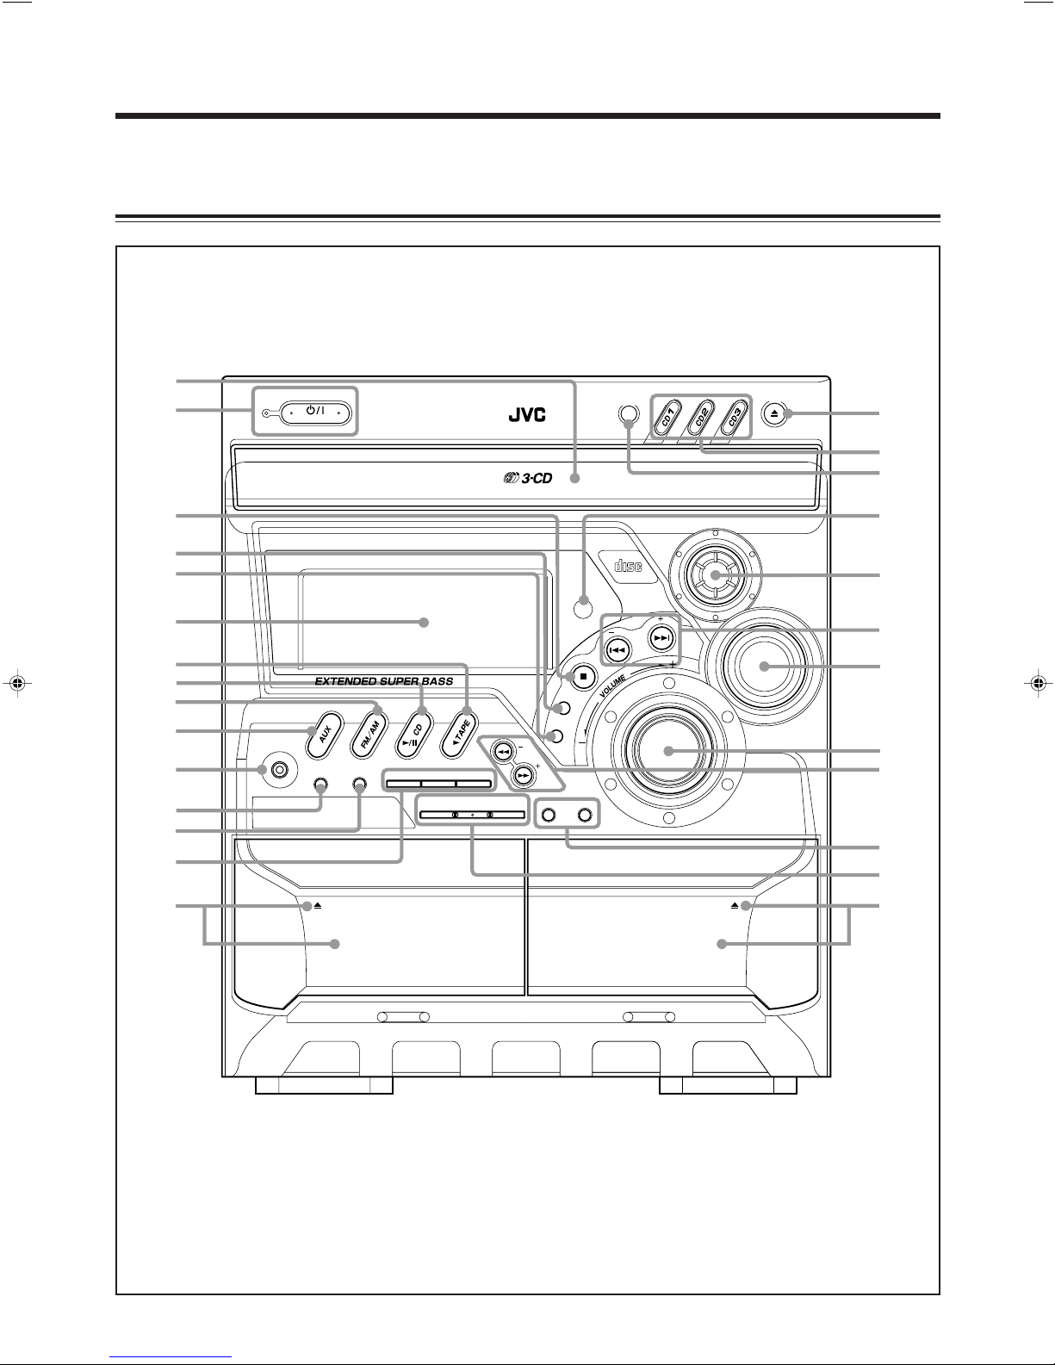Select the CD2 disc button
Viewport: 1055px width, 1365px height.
point(700,418)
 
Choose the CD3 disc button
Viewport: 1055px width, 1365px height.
point(735,418)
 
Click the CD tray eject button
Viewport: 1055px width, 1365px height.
point(774,414)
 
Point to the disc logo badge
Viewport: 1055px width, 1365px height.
point(630,566)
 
